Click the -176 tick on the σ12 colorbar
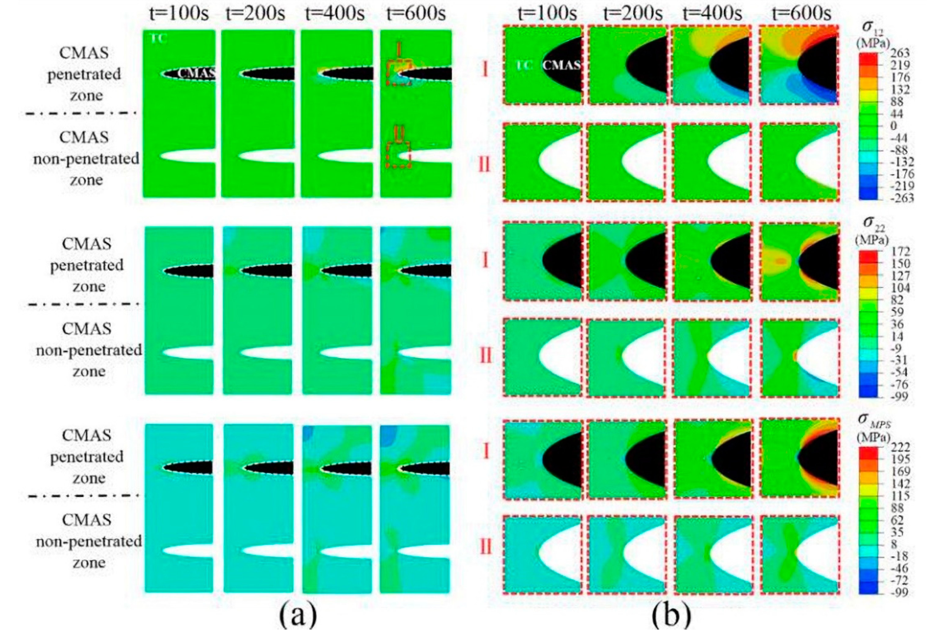[899, 174]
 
